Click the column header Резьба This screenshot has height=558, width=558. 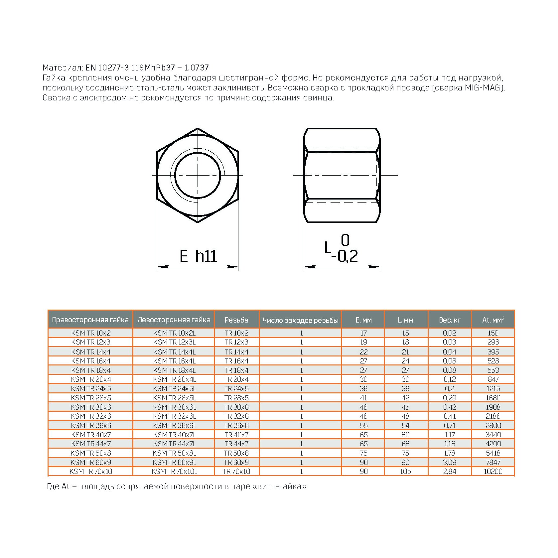236,320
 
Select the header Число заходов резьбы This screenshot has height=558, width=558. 300,320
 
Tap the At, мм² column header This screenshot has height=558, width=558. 493,320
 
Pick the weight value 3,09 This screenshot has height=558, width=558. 450,462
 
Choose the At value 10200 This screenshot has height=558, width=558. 493,471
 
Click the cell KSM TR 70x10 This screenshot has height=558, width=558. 91,471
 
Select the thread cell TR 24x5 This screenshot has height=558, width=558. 236,388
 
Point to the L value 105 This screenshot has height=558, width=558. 405,471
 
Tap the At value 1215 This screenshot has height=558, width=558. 493,388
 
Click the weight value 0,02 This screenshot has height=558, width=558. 450,333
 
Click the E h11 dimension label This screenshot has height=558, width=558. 198,256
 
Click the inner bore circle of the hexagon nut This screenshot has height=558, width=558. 198,175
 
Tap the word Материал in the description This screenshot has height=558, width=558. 62,68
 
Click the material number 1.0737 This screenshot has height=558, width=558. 196,68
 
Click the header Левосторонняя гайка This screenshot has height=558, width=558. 174,320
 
